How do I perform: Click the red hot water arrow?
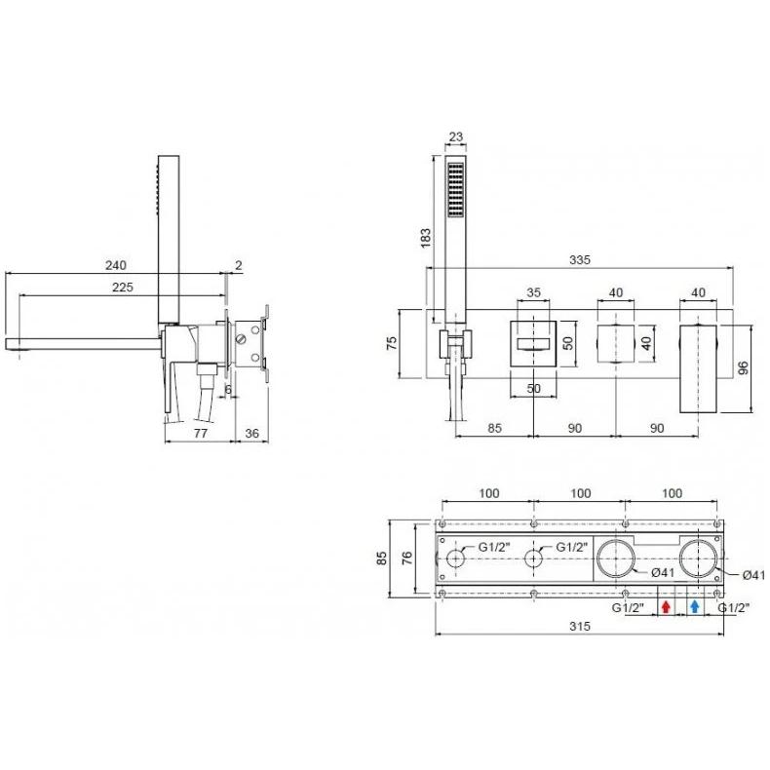(x=666, y=607)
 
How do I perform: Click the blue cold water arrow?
(x=694, y=607)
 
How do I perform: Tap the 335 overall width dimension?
(x=580, y=260)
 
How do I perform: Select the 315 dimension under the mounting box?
(x=580, y=626)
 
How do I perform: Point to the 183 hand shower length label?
(x=426, y=238)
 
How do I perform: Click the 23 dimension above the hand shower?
(x=456, y=136)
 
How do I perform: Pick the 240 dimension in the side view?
(x=116, y=265)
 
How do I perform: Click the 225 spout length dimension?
(x=122, y=287)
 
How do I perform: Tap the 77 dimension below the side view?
(x=201, y=433)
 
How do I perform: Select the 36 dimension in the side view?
(x=251, y=433)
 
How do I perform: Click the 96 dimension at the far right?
(x=743, y=367)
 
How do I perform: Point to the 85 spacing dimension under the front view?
(x=494, y=428)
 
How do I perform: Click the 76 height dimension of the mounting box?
(x=407, y=558)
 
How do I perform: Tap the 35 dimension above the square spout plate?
(x=533, y=292)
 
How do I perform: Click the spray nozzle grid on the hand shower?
(x=456, y=190)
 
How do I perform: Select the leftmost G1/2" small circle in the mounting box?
(x=456, y=559)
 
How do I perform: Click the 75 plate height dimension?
(x=392, y=343)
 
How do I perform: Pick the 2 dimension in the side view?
(x=239, y=266)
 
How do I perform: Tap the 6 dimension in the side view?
(x=228, y=390)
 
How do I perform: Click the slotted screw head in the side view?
(x=241, y=340)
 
